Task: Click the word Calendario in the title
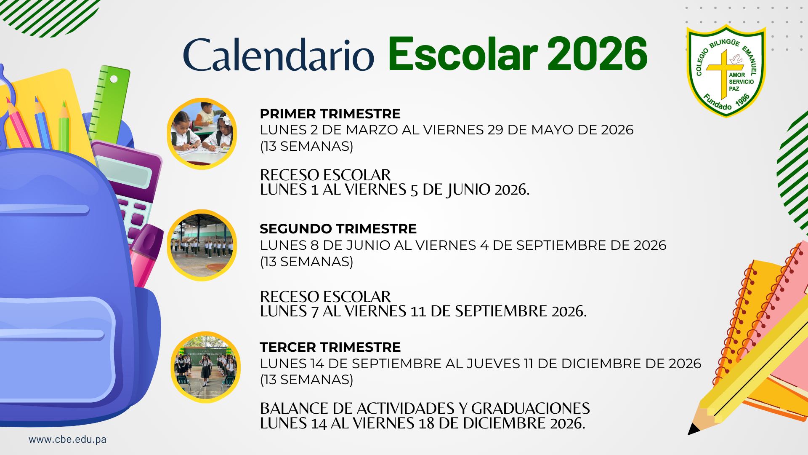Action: tap(278, 55)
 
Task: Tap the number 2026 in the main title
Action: tap(598, 54)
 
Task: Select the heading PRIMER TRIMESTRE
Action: tap(330, 114)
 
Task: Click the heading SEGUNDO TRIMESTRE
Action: tap(338, 229)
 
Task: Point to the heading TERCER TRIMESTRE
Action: tap(330, 347)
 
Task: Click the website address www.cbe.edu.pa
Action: tap(67, 439)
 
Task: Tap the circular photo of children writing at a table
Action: tap(202, 134)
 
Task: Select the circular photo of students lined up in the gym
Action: tap(202, 245)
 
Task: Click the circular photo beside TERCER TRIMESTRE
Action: tap(205, 367)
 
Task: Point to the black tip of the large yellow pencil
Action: tap(693, 429)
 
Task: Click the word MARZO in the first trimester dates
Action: tap(372, 130)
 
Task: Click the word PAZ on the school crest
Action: tap(734, 89)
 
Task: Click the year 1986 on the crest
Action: tap(743, 100)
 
